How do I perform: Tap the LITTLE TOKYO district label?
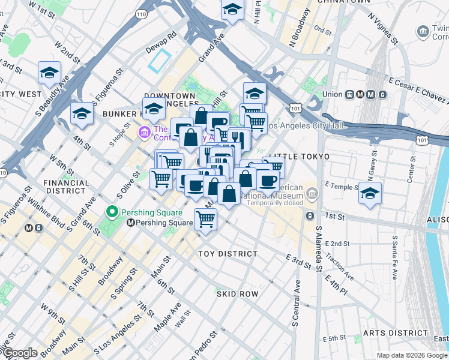coord(299,157)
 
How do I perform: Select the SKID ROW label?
coord(237,293)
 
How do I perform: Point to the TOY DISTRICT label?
coord(228,254)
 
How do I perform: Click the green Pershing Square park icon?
coord(111,212)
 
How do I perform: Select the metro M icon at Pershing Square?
coord(130,223)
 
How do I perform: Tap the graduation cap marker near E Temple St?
coord(370,193)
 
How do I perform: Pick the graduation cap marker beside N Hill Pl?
coord(232,10)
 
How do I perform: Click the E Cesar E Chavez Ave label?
coord(418,88)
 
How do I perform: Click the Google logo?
coord(20,353)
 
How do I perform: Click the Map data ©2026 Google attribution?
coord(411,355)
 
